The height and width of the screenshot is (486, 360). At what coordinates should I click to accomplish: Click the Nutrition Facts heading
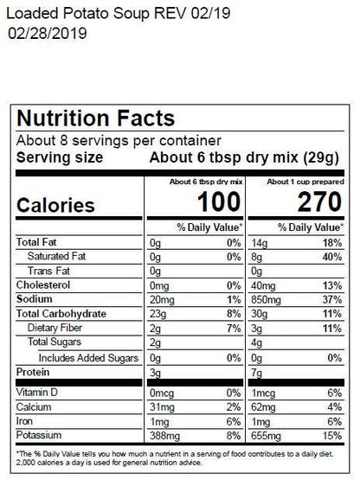95,118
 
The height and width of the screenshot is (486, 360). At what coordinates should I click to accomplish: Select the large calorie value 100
216,204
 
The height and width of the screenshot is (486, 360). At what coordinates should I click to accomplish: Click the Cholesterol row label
44,285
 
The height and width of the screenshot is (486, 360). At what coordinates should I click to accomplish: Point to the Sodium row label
36,298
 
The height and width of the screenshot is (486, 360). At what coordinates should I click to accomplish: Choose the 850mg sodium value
260,298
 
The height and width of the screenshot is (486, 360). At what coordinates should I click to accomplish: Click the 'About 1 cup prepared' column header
304,182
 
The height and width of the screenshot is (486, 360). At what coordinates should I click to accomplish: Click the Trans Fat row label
50,271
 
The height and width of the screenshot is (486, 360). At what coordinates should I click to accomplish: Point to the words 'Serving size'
60,157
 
